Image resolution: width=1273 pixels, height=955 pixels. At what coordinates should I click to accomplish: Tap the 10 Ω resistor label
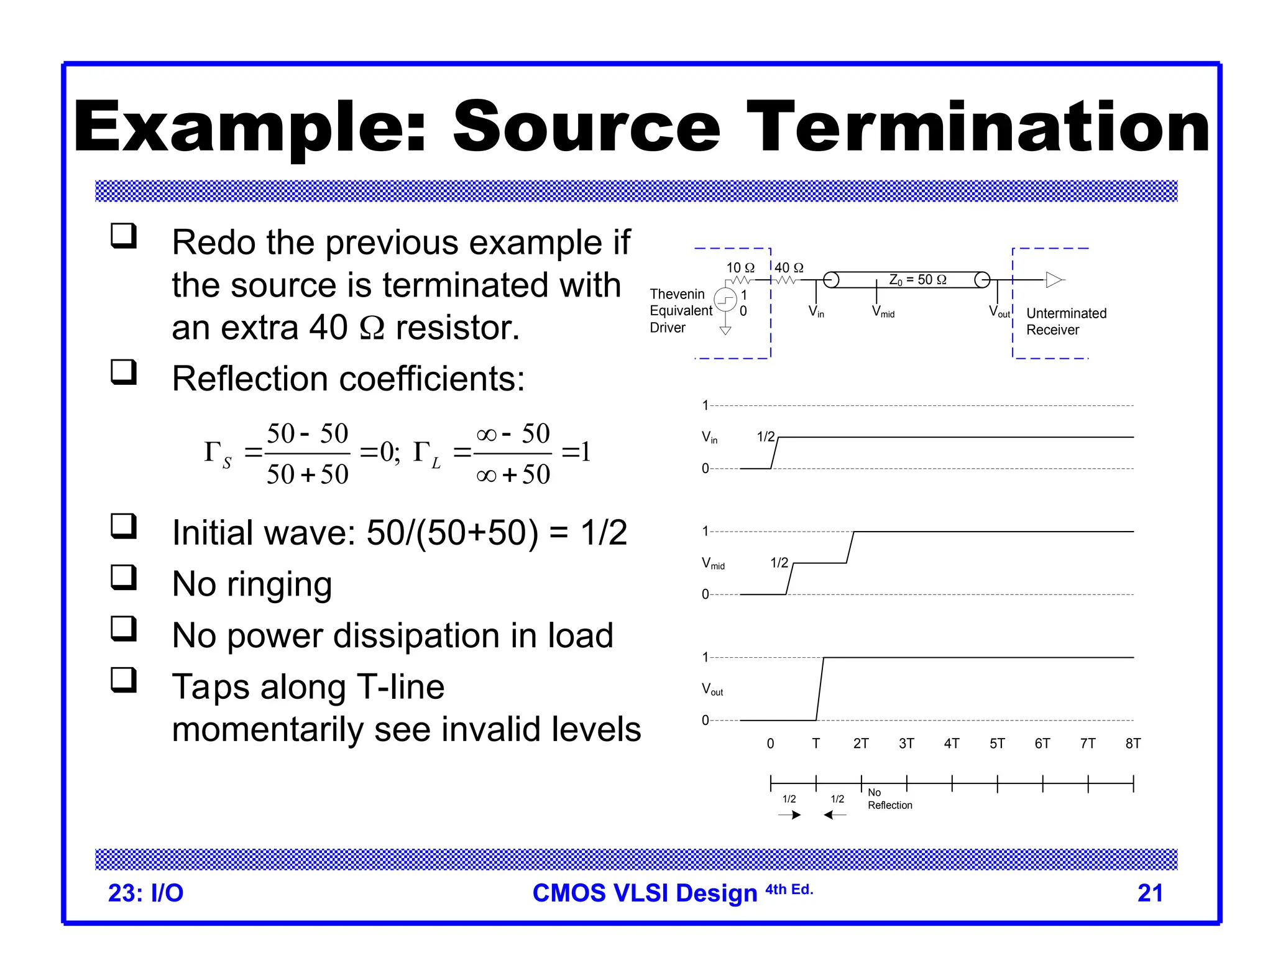click(x=740, y=268)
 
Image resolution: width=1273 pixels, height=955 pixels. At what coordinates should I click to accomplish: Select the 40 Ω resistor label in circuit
click(x=789, y=268)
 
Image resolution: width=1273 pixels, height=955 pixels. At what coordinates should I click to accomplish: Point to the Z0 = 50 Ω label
click(x=917, y=280)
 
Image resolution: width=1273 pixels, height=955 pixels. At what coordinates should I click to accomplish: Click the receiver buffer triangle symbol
click(x=1054, y=280)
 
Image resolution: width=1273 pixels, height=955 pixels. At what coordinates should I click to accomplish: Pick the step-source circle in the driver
click(x=725, y=300)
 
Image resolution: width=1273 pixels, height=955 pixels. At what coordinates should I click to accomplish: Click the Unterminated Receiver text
click(x=1065, y=321)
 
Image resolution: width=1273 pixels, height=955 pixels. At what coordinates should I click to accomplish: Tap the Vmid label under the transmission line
click(x=883, y=311)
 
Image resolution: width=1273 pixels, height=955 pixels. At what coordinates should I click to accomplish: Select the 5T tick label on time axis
click(x=996, y=744)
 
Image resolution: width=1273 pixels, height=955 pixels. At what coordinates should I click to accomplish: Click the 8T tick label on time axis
click(x=1133, y=744)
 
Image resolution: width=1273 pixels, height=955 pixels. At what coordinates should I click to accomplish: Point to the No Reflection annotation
click(x=889, y=799)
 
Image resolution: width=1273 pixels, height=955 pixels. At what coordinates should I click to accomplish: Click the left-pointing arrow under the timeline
click(x=835, y=815)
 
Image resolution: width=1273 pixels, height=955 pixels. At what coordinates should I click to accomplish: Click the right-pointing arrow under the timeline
click(x=789, y=815)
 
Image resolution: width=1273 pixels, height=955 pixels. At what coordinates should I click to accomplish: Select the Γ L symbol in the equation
click(x=427, y=454)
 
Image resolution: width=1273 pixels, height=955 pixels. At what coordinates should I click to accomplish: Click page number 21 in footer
click(x=1149, y=893)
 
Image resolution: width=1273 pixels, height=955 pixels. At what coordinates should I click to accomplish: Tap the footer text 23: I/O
click(x=145, y=893)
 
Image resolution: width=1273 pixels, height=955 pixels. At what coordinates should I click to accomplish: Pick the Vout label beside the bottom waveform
click(x=712, y=689)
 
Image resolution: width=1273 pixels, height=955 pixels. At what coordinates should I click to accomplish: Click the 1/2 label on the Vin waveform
click(x=765, y=437)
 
